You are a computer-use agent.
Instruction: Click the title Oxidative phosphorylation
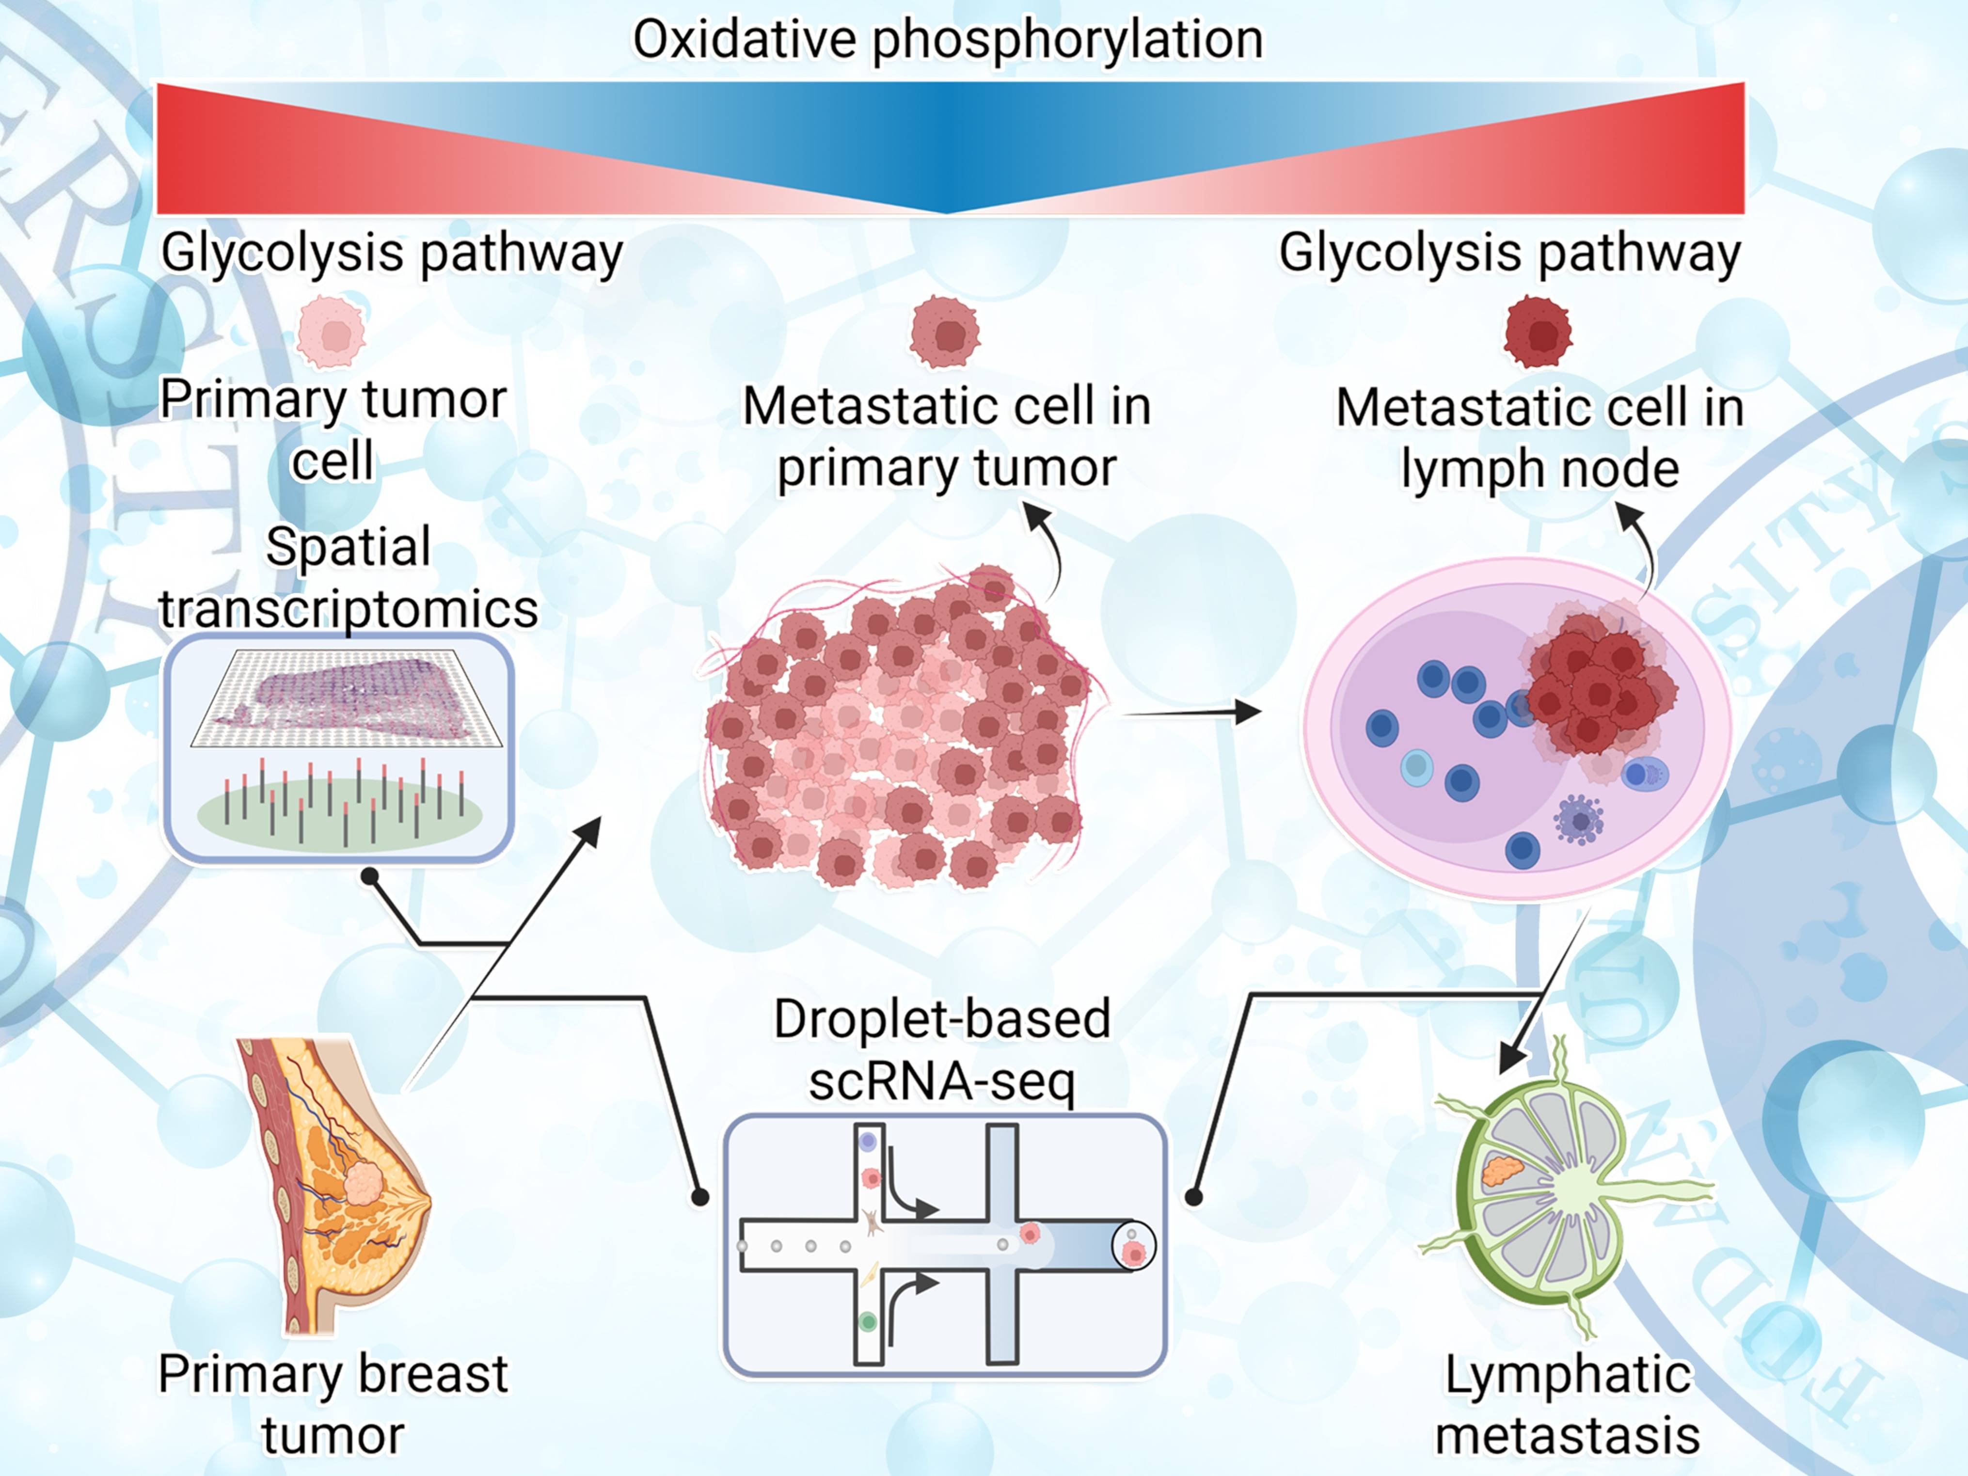[x=948, y=40]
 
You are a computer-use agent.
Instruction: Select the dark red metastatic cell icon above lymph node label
[x=1538, y=333]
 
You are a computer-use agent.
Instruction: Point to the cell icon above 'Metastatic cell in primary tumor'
[x=945, y=333]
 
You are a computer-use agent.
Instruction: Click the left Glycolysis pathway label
[x=392, y=254]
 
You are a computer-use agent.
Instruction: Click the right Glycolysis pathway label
[x=1510, y=254]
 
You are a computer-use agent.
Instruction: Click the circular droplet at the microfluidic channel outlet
[x=1133, y=1246]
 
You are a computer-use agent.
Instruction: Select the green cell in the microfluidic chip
[x=868, y=1322]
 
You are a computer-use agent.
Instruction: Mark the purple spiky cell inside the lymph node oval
[x=1579, y=819]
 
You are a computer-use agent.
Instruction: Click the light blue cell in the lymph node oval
[x=1416, y=767]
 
